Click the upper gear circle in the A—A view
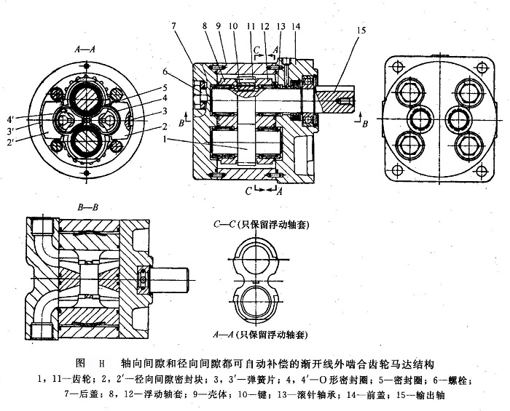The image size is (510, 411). (86, 96)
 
